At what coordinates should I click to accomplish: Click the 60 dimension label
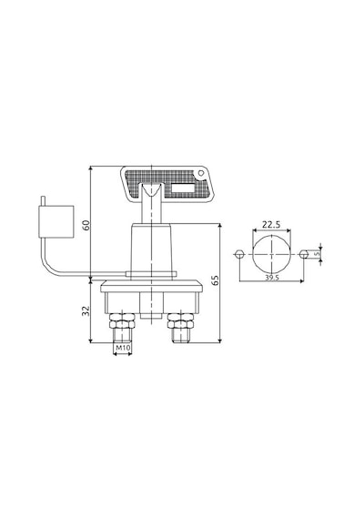coord(86,226)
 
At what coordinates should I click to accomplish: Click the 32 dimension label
coord(86,310)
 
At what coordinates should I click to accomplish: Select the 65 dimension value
coord(215,280)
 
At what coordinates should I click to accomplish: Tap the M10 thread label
coord(123,348)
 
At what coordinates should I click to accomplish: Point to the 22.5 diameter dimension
coord(271,224)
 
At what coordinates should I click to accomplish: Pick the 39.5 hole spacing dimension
coord(272,278)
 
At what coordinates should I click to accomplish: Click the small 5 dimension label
coord(317,254)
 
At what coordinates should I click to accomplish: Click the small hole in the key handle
coord(200,173)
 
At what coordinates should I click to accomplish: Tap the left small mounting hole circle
coord(239,255)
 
